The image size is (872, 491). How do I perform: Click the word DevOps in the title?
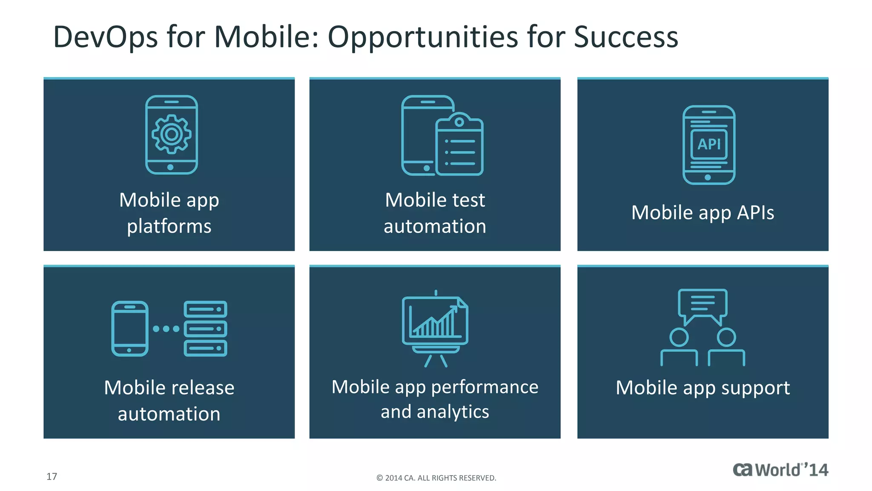point(105,38)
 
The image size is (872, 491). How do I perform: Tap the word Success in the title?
point(625,38)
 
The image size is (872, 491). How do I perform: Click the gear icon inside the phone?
point(172,134)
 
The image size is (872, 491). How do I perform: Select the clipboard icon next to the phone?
point(459,145)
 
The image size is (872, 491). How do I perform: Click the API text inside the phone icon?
point(709,144)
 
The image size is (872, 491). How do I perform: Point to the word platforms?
point(169,226)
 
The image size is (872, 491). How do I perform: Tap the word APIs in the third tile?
point(755,213)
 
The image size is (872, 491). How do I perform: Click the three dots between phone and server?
point(166,329)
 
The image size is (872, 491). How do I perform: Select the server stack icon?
point(205,328)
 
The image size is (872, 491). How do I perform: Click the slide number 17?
point(52,477)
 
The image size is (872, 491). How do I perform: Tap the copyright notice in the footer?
point(436,478)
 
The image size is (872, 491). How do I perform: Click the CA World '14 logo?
point(780,470)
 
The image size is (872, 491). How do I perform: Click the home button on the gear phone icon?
point(170,167)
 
